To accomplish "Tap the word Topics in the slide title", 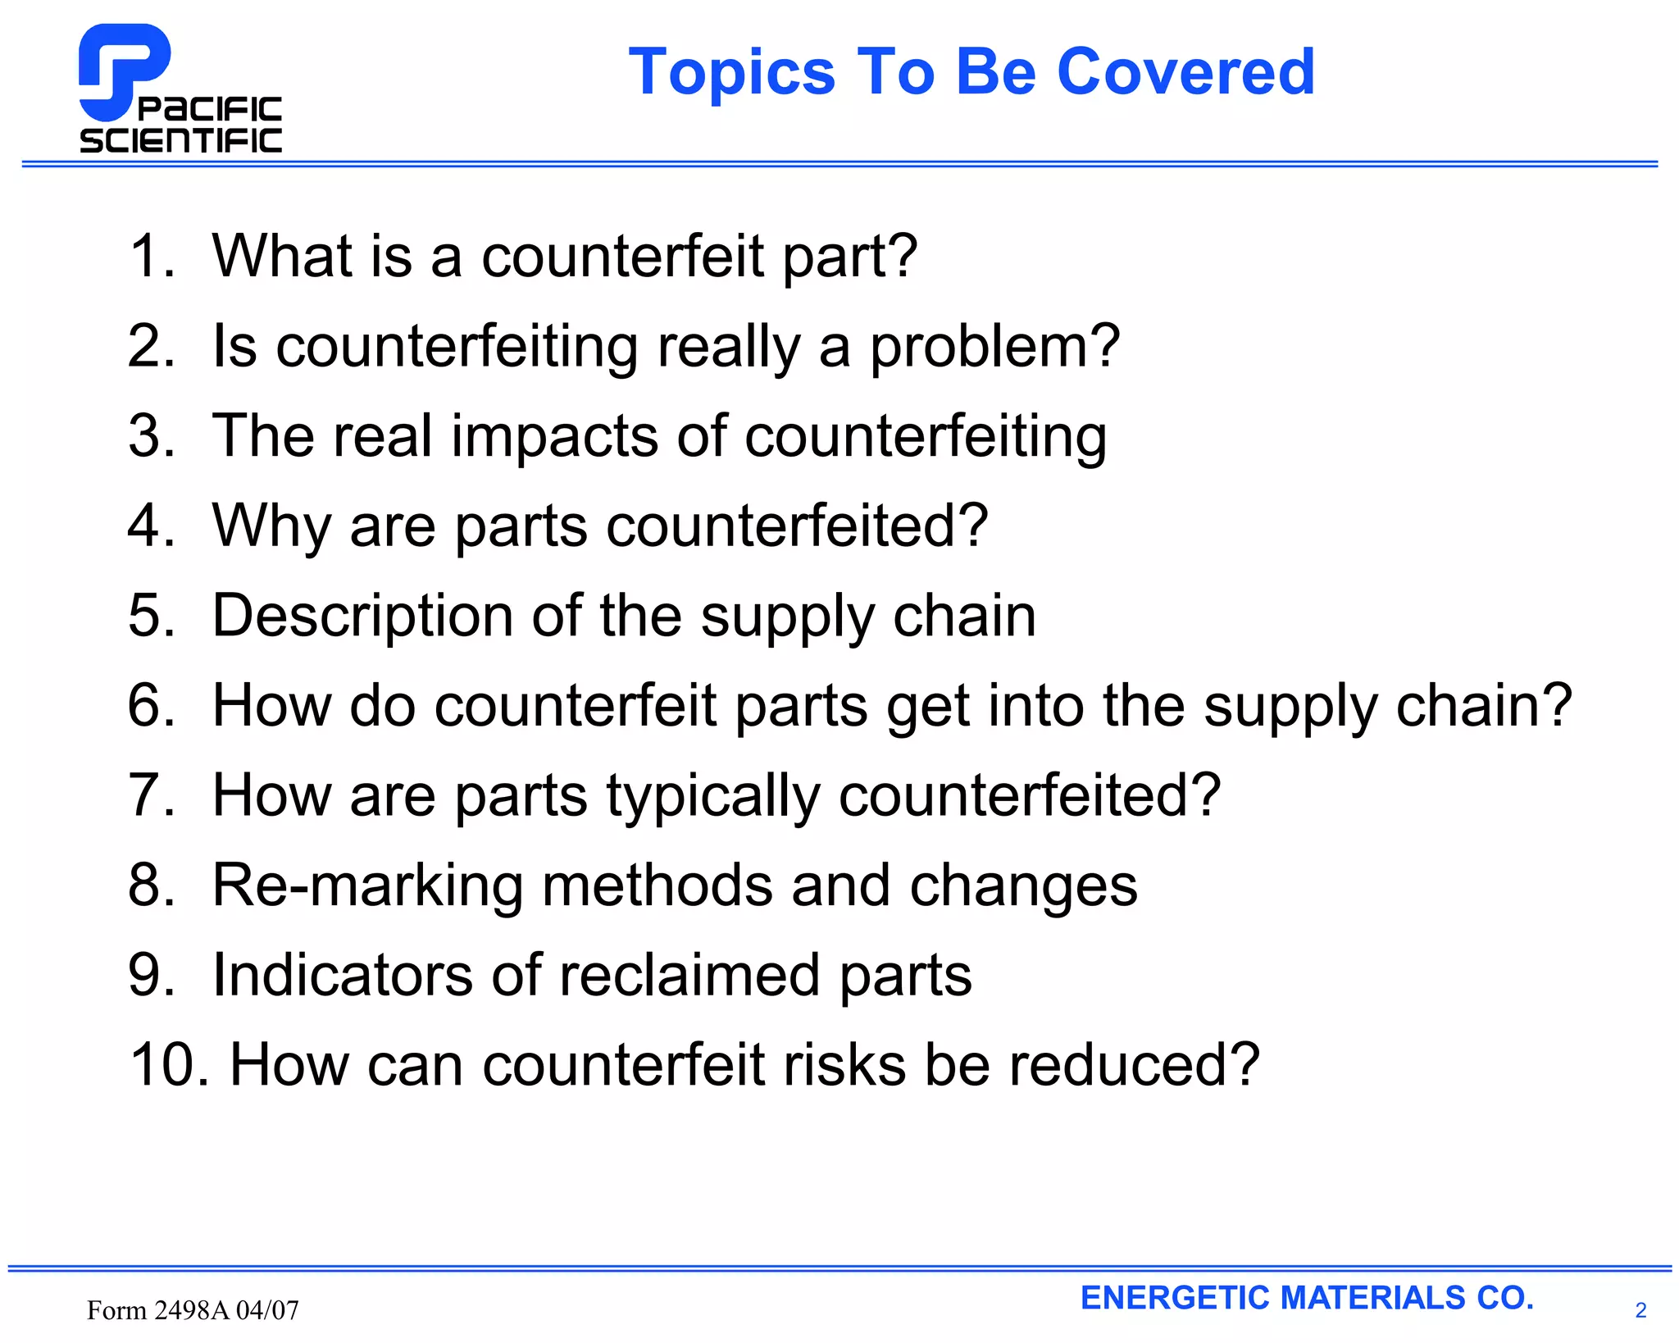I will [x=731, y=72].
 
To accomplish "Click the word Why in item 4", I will [x=271, y=526].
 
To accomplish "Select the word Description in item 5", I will [x=362, y=616].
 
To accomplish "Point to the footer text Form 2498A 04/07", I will [x=193, y=1310].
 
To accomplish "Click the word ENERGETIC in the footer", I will [x=1175, y=1298].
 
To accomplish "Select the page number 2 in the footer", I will [x=1640, y=1310].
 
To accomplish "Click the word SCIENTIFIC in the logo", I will [x=180, y=141].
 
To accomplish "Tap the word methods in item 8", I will [x=657, y=885].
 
